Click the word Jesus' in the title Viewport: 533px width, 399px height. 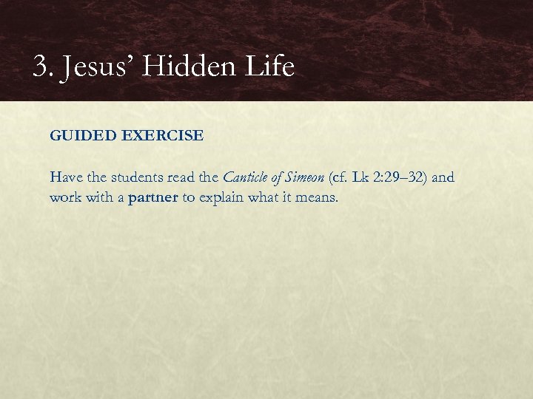(x=86, y=68)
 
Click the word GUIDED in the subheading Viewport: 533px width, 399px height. (x=76, y=136)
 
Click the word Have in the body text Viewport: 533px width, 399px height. (x=64, y=177)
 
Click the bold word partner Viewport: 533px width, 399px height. (x=152, y=199)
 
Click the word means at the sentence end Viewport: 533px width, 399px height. (x=320, y=198)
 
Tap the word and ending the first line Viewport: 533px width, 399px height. (x=443, y=177)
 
